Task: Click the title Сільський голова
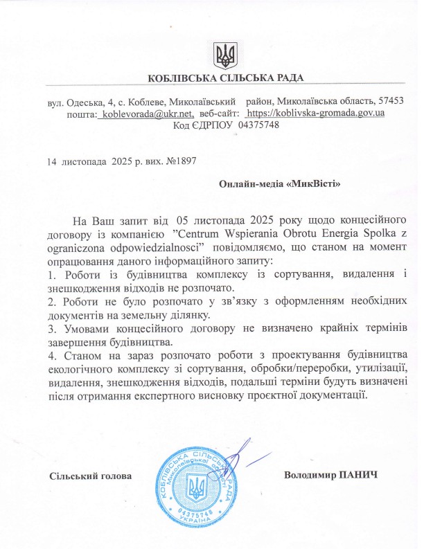[90, 476]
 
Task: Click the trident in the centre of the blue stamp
[197, 487]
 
